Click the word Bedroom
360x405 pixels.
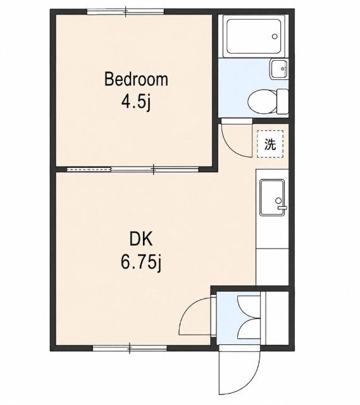click(x=136, y=79)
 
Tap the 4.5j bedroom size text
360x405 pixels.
click(x=136, y=102)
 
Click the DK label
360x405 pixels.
click(x=141, y=239)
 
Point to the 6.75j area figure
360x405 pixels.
click(x=141, y=262)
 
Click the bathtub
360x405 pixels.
click(x=254, y=36)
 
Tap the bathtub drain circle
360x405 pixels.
click(x=275, y=37)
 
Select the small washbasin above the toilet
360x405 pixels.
click(x=279, y=69)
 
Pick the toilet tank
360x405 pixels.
click(x=282, y=101)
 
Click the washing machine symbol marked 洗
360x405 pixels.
click(x=270, y=144)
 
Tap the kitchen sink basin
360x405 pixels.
click(x=272, y=197)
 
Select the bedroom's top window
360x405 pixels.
click(x=125, y=11)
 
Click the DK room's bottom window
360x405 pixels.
click(x=130, y=348)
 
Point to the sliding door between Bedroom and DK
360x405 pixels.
click(x=132, y=170)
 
